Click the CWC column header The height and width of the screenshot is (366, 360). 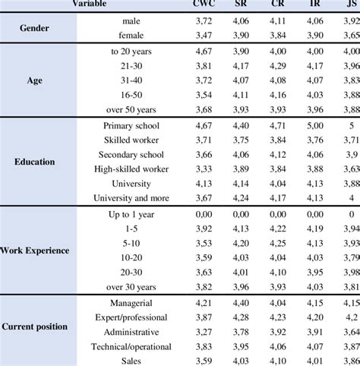tap(203, 3)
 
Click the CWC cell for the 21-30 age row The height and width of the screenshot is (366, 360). tap(203, 68)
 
